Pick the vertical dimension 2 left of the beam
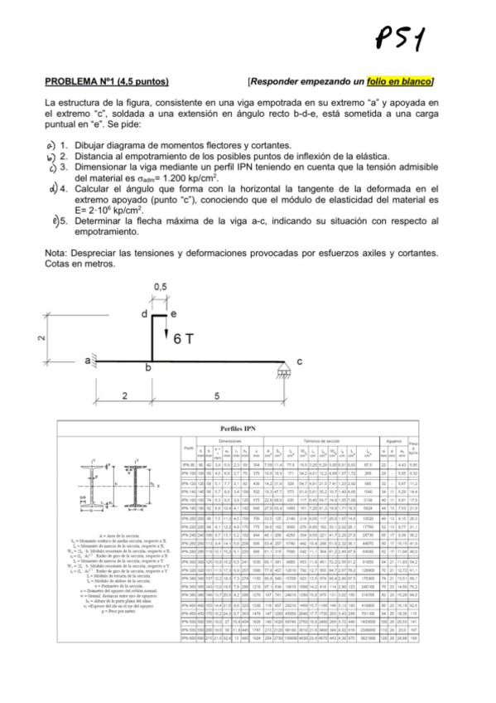point(40,337)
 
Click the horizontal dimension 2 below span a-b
point(123,396)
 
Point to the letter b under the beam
point(149,367)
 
